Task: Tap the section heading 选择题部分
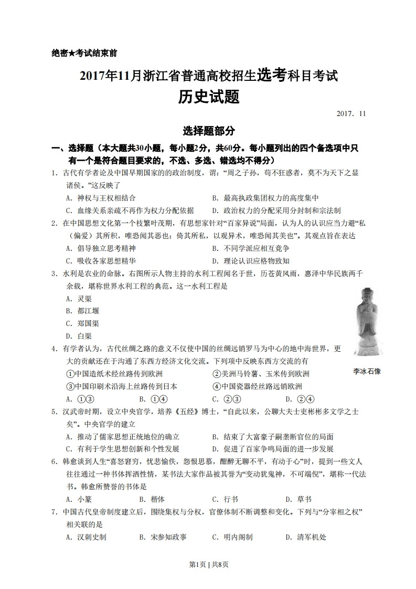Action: coord(208,131)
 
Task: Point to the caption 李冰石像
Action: coord(367,371)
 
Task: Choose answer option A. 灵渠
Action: coord(79,298)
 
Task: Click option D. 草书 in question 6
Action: coord(298,499)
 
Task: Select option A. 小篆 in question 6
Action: coord(79,499)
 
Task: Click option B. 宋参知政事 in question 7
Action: coord(163,537)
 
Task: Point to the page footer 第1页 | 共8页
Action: coord(208,564)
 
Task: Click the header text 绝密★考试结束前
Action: coord(84,53)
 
